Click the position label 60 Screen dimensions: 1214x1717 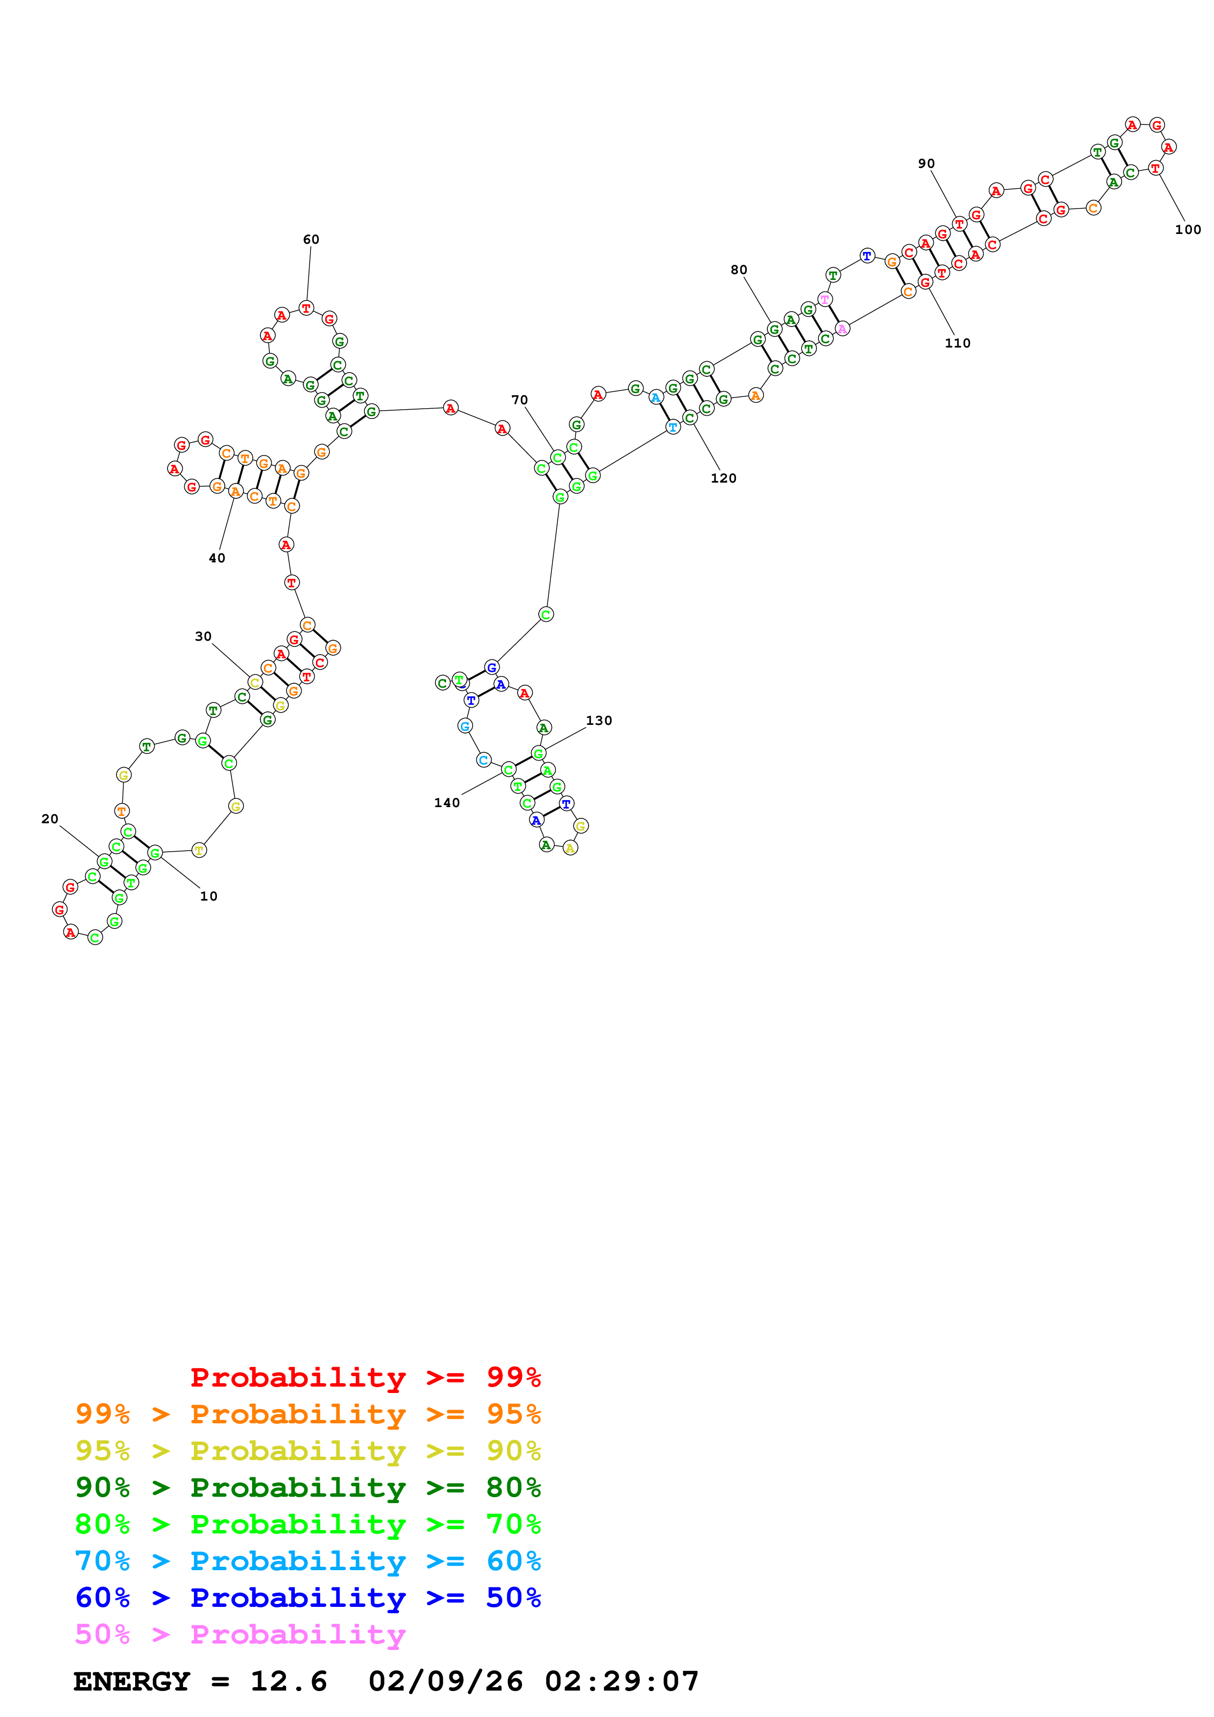[x=310, y=239]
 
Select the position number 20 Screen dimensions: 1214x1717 [x=50, y=819]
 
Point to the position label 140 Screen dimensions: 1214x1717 [x=447, y=802]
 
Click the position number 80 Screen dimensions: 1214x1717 [x=738, y=270]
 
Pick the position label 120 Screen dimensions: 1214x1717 [x=723, y=478]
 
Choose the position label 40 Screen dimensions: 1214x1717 [x=217, y=558]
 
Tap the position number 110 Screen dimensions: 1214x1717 [x=957, y=343]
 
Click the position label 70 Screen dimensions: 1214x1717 [x=519, y=400]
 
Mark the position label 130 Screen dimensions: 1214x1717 [x=598, y=720]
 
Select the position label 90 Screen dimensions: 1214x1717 [x=926, y=164]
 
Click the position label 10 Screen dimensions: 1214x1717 [x=209, y=896]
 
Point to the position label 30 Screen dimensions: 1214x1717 [x=203, y=636]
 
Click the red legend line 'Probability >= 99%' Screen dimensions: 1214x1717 [x=365, y=1377]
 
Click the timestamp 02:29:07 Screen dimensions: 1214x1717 [x=621, y=1681]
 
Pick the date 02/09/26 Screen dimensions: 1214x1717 [x=446, y=1681]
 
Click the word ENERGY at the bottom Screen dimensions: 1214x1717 [x=132, y=1681]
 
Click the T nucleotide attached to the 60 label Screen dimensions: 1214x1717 [x=306, y=308]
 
